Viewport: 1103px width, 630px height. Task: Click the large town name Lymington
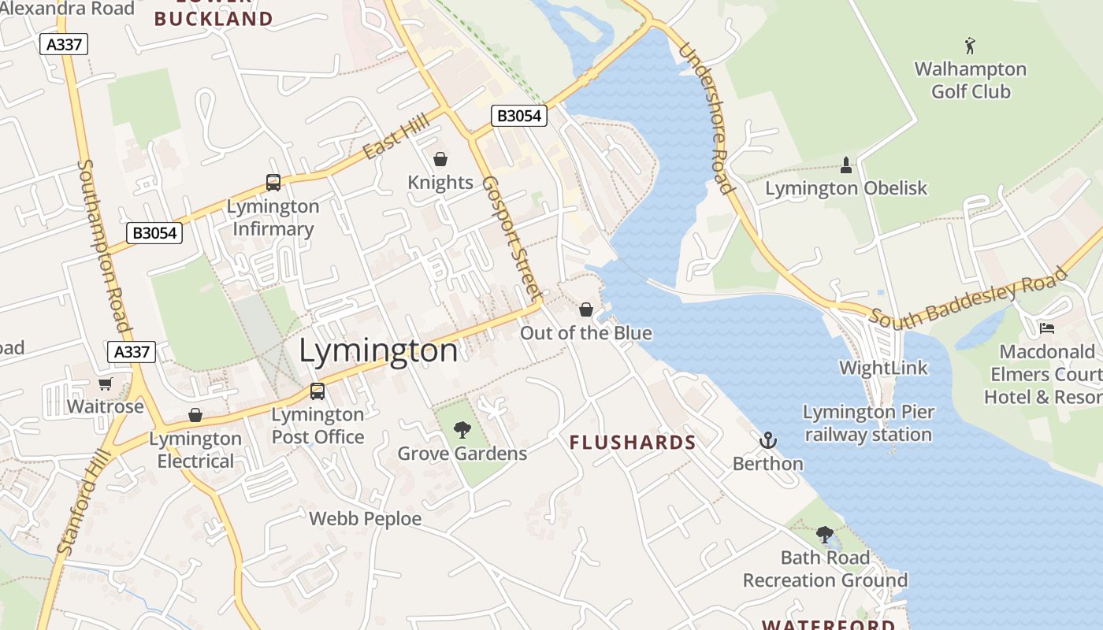click(378, 350)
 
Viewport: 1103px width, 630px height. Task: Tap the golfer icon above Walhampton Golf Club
click(970, 45)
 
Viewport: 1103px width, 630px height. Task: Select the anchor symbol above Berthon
click(767, 440)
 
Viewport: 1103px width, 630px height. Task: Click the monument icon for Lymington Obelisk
click(846, 165)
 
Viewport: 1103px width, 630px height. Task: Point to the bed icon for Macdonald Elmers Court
click(1046, 328)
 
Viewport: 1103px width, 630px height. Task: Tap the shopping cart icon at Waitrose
click(105, 384)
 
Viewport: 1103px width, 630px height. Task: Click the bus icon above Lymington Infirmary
click(273, 183)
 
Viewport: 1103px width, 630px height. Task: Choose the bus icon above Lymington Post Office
click(318, 391)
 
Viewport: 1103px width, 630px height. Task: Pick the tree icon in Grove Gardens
click(462, 430)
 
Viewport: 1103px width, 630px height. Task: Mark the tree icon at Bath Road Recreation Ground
click(825, 535)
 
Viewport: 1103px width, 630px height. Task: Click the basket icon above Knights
click(440, 159)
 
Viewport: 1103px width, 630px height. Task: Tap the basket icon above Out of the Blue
click(586, 309)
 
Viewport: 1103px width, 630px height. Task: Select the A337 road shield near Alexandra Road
click(64, 44)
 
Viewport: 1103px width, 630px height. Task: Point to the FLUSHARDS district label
click(633, 443)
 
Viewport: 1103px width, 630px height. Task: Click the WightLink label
click(883, 368)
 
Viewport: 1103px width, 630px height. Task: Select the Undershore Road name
click(706, 118)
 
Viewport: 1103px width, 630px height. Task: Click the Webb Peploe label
click(365, 519)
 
